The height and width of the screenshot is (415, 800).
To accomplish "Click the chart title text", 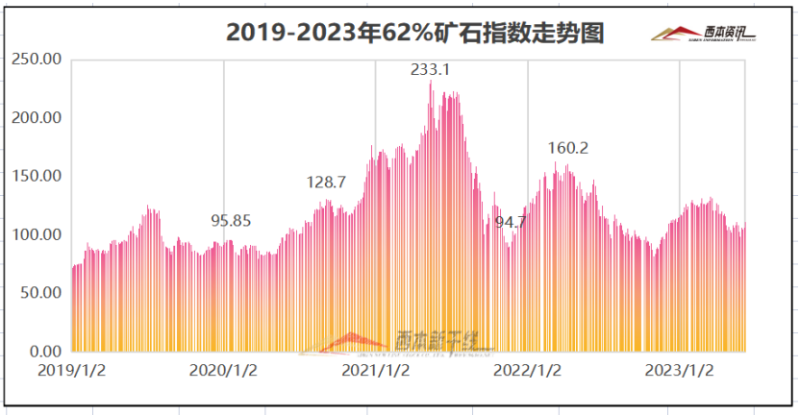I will (x=414, y=33).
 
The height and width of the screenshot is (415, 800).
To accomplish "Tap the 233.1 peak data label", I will (x=430, y=70).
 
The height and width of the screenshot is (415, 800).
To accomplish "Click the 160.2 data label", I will (x=567, y=148).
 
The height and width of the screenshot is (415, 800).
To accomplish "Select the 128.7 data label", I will (x=327, y=183).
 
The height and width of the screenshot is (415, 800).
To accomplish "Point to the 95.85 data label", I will (x=231, y=220).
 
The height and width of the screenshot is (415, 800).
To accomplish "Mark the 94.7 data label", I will (x=512, y=222).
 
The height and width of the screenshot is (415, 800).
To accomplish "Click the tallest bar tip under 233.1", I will (x=431, y=84).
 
